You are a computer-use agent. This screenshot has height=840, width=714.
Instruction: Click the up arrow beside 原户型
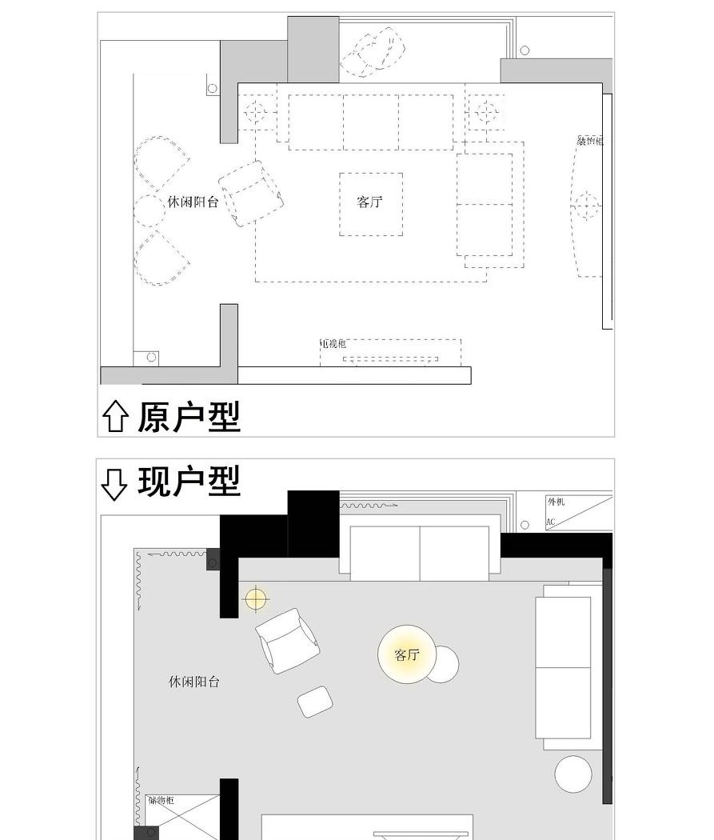point(116,417)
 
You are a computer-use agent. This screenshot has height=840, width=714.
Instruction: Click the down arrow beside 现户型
point(114,483)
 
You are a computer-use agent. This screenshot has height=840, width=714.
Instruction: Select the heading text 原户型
point(189,417)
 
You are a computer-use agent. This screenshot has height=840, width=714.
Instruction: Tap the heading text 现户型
point(189,482)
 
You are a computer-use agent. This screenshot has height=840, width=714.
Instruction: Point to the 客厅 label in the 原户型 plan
point(369,202)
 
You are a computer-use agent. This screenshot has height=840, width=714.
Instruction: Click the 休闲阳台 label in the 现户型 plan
point(193,682)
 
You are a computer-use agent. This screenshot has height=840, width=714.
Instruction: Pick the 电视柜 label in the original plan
point(333,343)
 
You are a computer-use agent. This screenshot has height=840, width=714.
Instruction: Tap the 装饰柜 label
point(590,141)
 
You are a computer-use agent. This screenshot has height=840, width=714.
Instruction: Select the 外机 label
point(556,502)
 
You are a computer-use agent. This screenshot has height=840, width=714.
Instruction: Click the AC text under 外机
point(551,522)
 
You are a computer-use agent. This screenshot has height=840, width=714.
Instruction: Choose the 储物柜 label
point(161,800)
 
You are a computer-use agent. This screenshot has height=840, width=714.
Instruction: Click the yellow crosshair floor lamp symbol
point(255,598)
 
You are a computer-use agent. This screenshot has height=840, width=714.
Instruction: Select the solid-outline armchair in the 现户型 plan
point(286,640)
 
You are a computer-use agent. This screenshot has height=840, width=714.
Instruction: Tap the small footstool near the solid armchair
point(316,702)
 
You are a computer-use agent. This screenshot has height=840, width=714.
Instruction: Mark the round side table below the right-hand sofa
point(573,774)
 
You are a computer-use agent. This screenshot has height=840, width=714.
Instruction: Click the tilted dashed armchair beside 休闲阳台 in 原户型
point(253,194)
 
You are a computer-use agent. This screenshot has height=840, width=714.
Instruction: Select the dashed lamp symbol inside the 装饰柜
point(586,206)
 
